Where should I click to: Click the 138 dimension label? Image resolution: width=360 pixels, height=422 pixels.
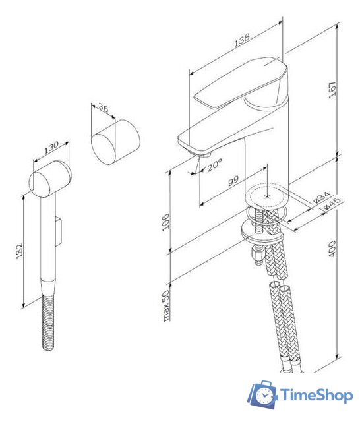tap(241, 40)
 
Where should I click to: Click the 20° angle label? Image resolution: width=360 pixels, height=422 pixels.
tap(214, 167)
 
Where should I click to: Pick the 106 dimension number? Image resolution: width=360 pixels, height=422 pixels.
tap(167, 223)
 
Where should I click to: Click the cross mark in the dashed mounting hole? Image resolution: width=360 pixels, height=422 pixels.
tap(268, 196)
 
